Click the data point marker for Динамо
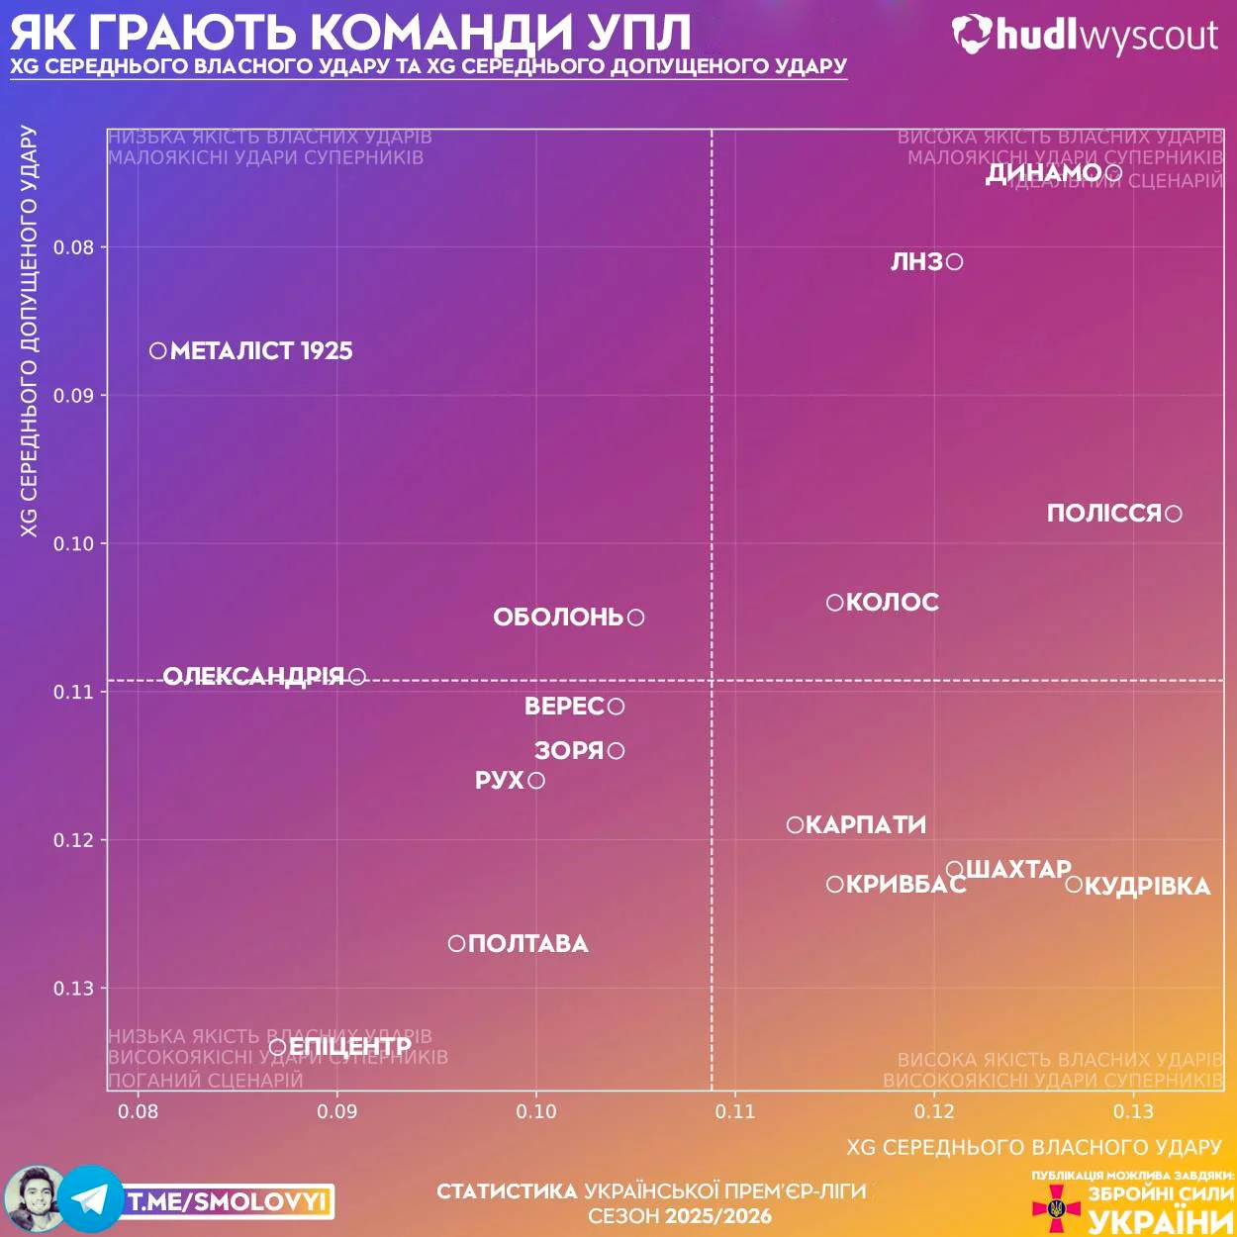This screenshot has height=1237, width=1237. tap(1113, 173)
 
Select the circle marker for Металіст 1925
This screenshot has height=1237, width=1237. tap(158, 350)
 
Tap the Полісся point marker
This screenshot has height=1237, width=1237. tap(1174, 514)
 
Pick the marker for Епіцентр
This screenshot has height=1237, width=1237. tap(278, 1047)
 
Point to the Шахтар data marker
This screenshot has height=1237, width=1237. tap(954, 870)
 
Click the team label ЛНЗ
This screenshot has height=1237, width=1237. tap(916, 262)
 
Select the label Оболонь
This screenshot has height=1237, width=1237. tap(558, 618)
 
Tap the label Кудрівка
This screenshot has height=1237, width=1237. tap(1148, 886)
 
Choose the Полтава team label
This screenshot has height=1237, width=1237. tap(528, 944)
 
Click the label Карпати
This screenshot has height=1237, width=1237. tap(866, 825)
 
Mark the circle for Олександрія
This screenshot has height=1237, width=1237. tap(357, 677)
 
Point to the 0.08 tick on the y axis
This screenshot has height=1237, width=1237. tap(74, 247)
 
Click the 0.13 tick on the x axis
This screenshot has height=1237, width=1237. tap(1133, 1111)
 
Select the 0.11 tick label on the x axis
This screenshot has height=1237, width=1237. tap(735, 1111)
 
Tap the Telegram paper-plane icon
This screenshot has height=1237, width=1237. tap(91, 1199)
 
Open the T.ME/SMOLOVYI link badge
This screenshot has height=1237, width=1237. tap(228, 1202)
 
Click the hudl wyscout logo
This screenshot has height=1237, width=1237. tap(1085, 36)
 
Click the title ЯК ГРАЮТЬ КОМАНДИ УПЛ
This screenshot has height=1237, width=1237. tap(351, 32)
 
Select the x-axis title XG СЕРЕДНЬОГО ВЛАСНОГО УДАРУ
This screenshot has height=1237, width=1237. tap(1034, 1147)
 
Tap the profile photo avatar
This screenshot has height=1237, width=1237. tap(32, 1198)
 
